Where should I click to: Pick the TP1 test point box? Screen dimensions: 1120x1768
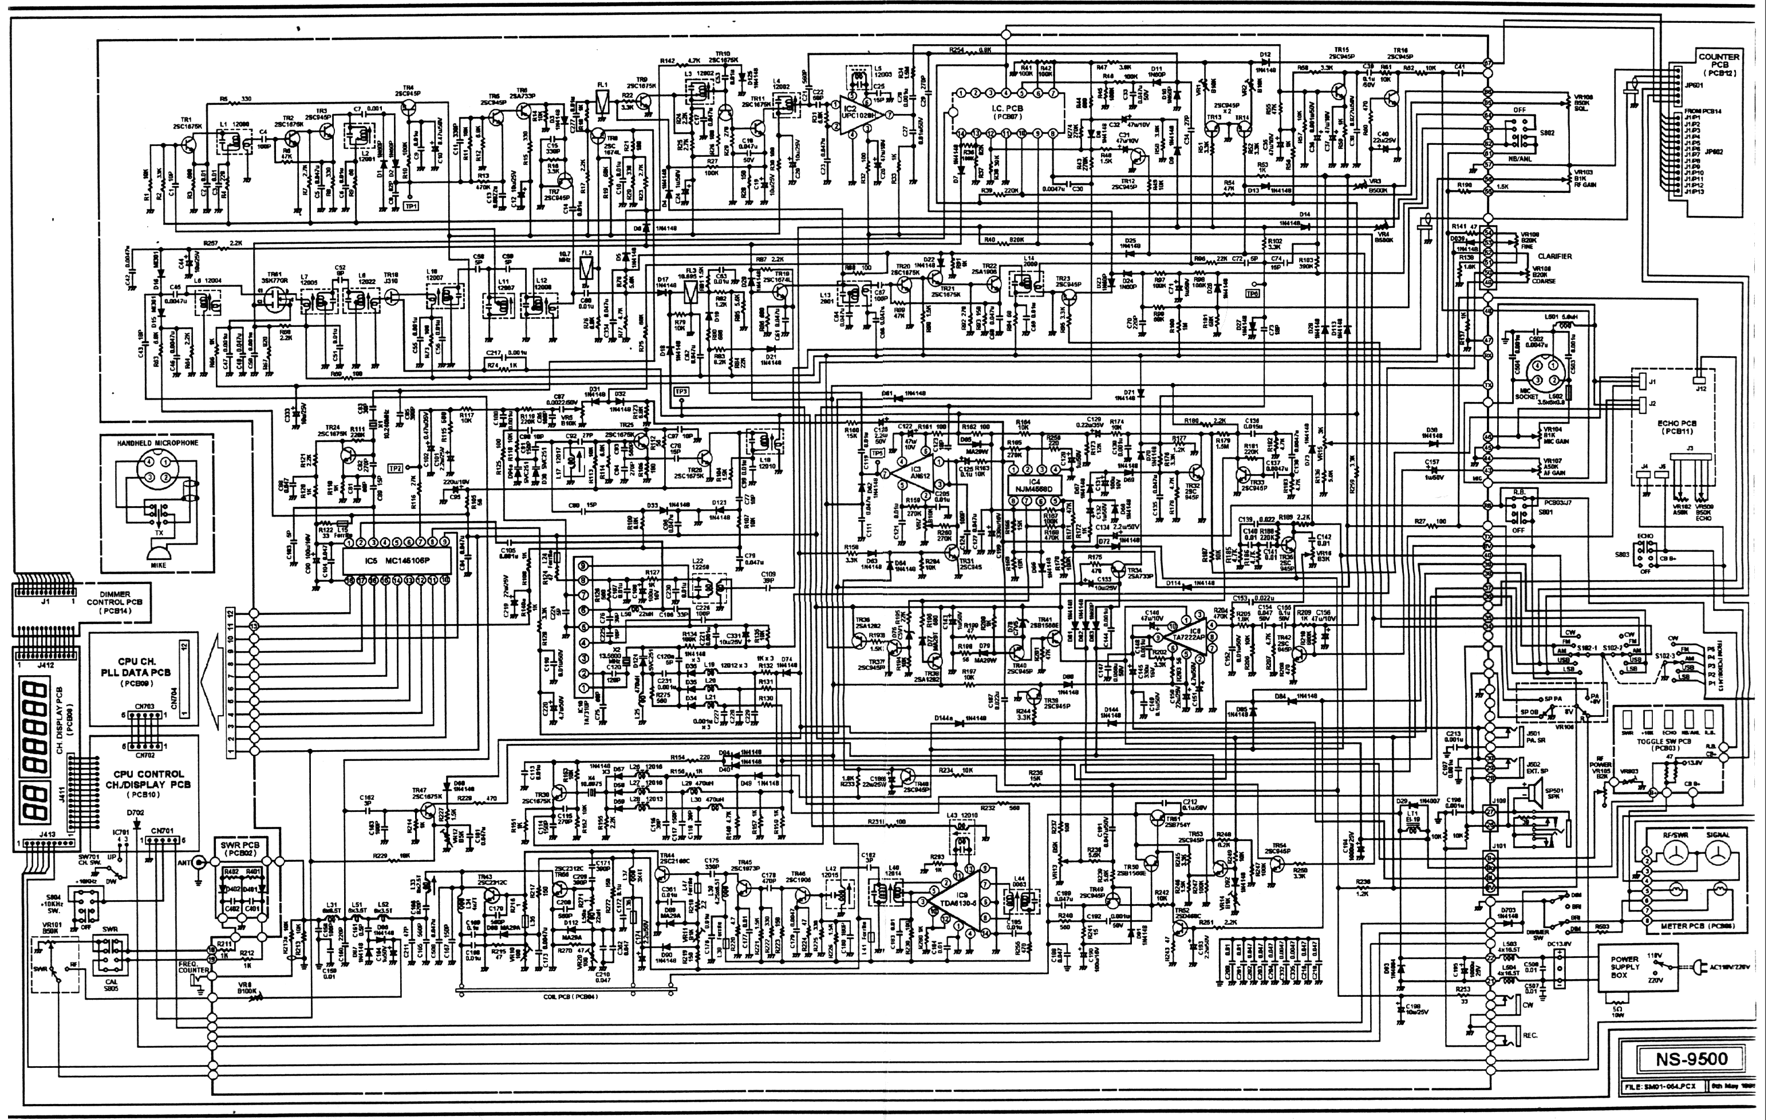click(411, 206)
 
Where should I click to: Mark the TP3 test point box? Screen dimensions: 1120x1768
click(681, 392)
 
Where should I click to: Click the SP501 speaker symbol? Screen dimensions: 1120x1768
click(1534, 793)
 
